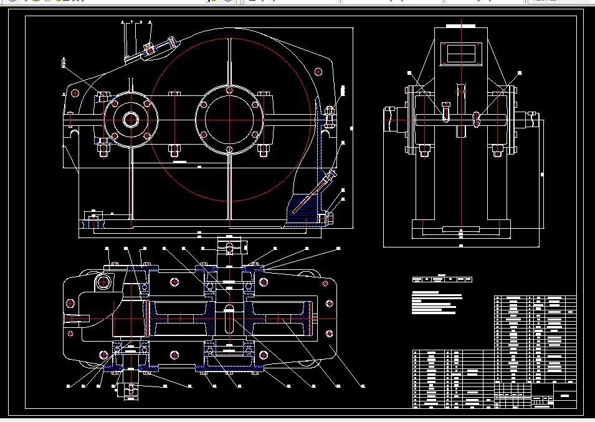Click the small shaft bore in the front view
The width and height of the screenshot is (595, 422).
tap(131, 119)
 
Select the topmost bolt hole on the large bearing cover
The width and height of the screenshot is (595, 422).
tap(230, 91)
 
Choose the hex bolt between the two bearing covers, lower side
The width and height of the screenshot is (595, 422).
tap(173, 150)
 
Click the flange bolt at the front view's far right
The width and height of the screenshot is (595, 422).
tap(330, 117)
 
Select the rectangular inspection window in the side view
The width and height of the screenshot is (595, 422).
tap(461, 53)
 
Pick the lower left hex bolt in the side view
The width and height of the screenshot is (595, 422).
tap(424, 150)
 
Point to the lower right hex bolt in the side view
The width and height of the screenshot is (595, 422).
tap(497, 150)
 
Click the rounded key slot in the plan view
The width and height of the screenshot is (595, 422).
tap(229, 319)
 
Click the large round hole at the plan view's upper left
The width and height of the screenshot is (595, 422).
tap(103, 282)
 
